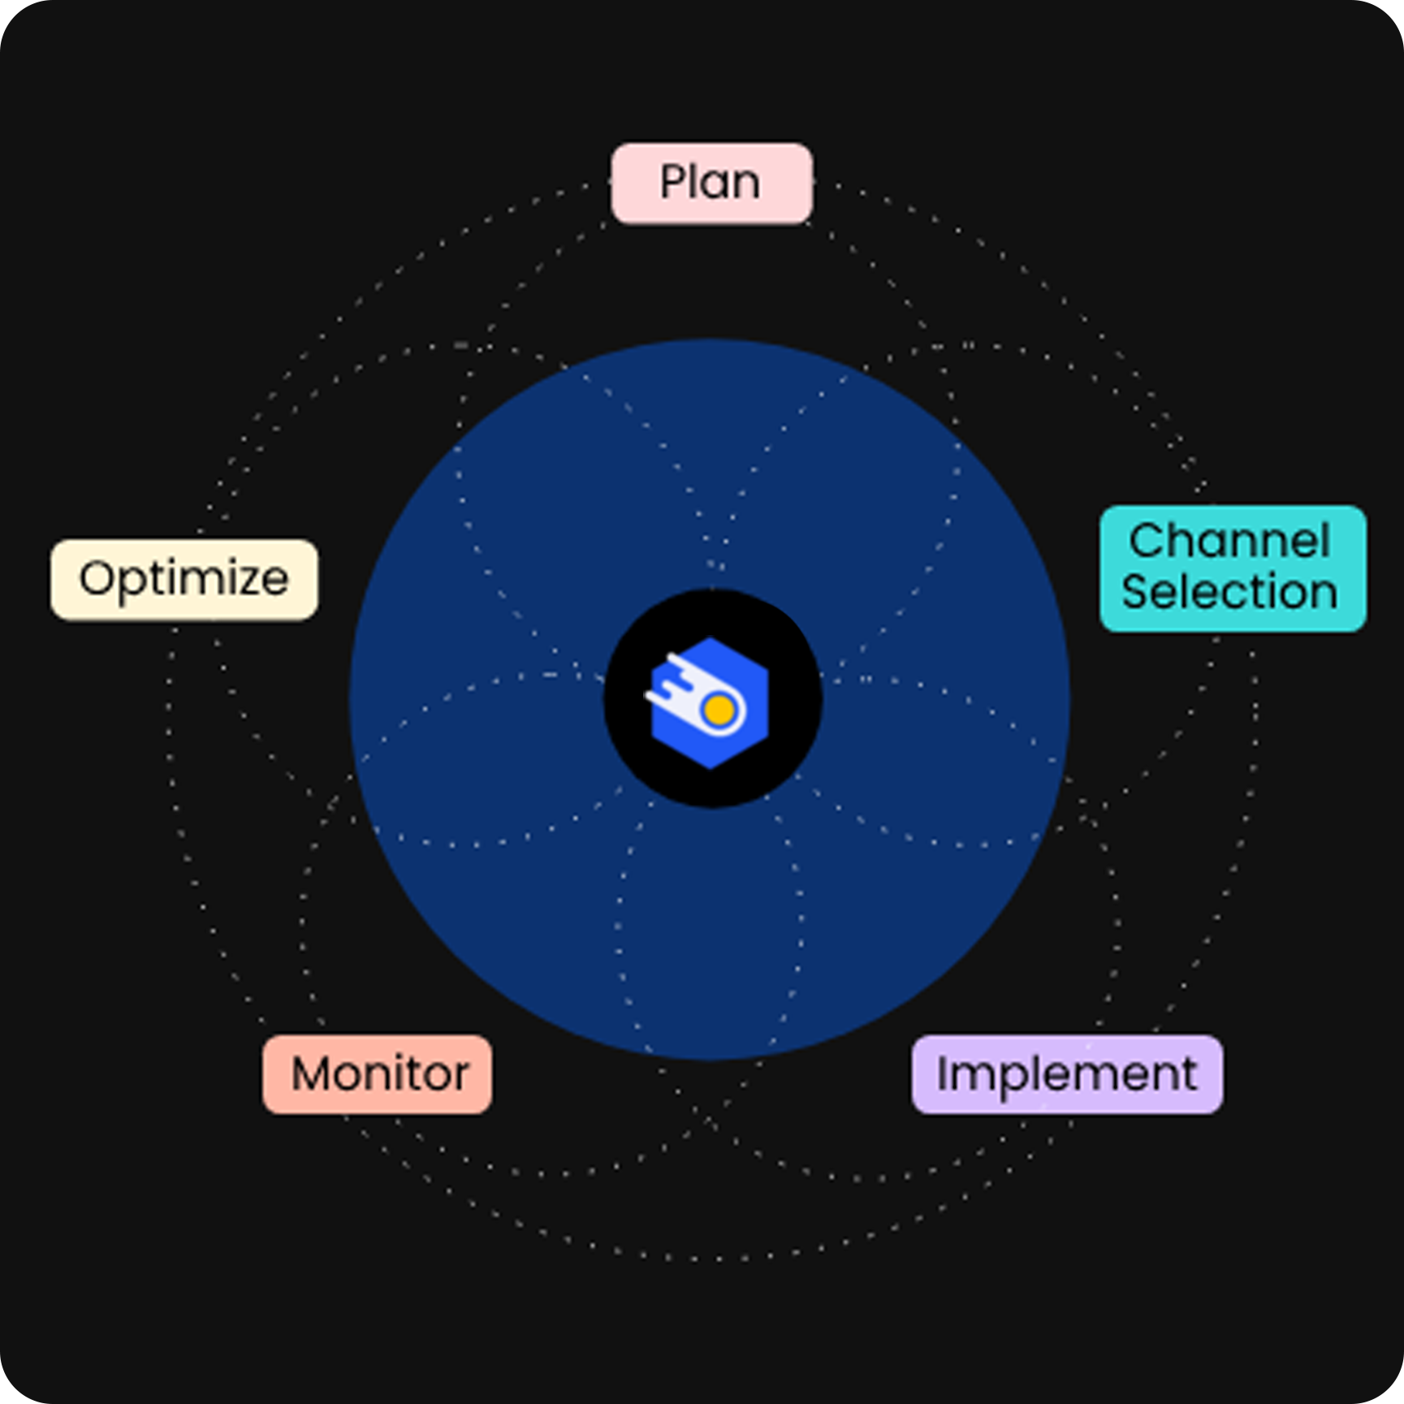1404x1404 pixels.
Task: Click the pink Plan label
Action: (711, 183)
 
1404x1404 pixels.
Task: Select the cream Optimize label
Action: (184, 579)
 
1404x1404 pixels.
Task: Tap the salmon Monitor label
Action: (378, 1074)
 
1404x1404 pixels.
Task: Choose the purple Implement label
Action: (1067, 1074)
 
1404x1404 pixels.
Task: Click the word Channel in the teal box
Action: (1229, 541)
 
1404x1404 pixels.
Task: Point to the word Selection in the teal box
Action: (1229, 591)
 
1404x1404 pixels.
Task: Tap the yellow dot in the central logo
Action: (719, 711)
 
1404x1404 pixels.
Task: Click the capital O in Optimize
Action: (97, 578)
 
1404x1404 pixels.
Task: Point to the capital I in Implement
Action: (943, 1073)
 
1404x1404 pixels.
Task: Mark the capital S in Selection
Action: (1138, 591)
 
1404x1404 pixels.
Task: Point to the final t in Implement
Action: (1188, 1074)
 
